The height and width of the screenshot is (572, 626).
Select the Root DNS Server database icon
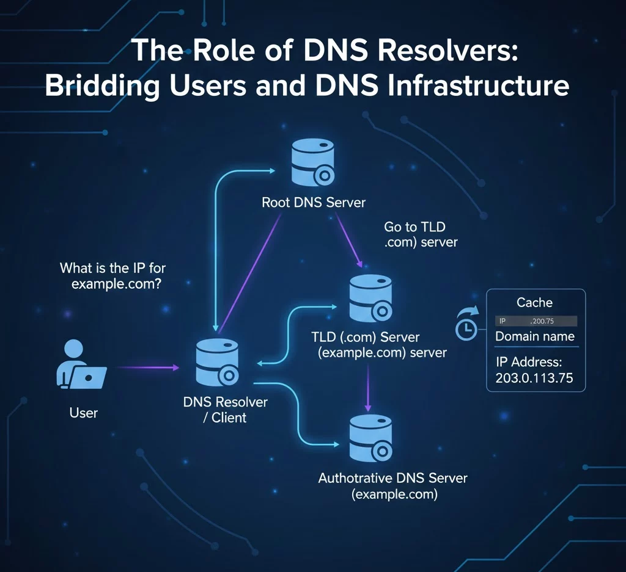(x=312, y=162)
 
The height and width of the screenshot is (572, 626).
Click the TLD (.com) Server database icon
(x=369, y=299)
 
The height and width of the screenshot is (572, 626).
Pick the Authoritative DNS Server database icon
(x=369, y=439)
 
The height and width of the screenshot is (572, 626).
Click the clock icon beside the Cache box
(x=467, y=327)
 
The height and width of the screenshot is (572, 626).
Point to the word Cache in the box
(x=534, y=303)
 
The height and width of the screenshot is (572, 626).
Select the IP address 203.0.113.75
(x=534, y=378)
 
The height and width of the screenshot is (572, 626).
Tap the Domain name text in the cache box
(x=534, y=336)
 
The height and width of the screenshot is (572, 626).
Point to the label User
(x=84, y=413)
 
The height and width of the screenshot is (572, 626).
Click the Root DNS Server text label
(x=314, y=203)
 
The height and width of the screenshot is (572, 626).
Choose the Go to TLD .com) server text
(x=420, y=234)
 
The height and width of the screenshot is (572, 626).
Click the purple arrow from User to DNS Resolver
(x=147, y=367)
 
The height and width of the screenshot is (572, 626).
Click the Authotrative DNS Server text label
(x=392, y=478)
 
